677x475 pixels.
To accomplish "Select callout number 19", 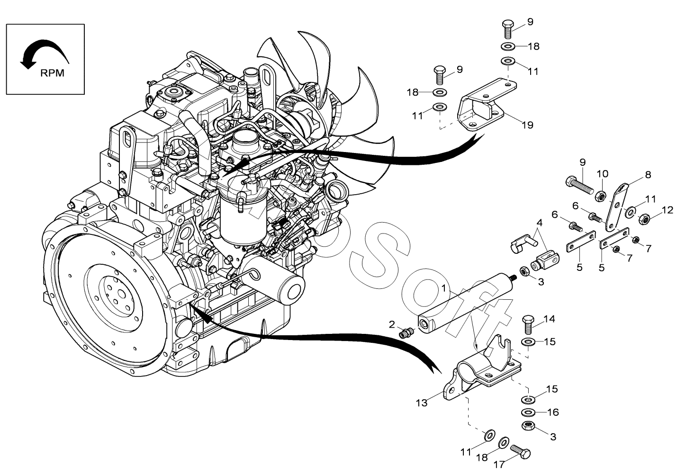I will pyautogui.click(x=527, y=125).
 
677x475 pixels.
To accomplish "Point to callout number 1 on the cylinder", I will pyautogui.click(x=443, y=288).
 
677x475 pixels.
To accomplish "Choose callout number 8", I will pyautogui.click(x=648, y=175).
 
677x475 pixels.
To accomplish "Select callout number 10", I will pyautogui.click(x=602, y=174).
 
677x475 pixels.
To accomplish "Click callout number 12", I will pyautogui.click(x=667, y=210).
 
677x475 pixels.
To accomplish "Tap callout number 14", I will pyautogui.click(x=549, y=319).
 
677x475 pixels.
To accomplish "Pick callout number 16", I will pyautogui.click(x=553, y=412).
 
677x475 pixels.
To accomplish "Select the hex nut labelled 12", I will pyautogui.click(x=644, y=219).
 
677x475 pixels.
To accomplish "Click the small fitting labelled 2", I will pyautogui.click(x=405, y=333).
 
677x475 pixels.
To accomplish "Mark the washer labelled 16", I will pyautogui.click(x=527, y=412).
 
